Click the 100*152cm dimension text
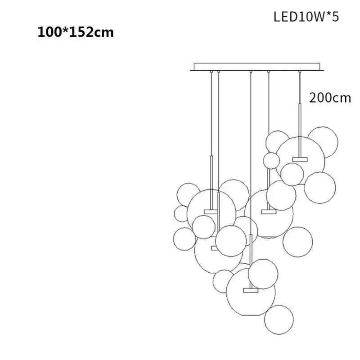coord(76,32)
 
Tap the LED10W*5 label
coord(306,17)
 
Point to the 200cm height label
coord(330,98)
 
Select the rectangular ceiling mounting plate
coord(257,67)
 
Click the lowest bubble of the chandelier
coord(279,319)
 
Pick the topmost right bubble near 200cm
coord(323,142)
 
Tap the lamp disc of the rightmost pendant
coord(300,159)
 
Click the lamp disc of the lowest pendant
coord(251,290)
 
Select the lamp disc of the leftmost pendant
coord(211,211)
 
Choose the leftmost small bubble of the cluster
coord(181,214)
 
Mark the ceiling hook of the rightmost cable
coord(300,72)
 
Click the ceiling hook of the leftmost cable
coord(211,72)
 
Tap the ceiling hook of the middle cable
coord(251,72)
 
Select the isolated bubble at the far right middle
coord(298,242)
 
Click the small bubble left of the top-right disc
coord(271,161)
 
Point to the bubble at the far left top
coord(189,195)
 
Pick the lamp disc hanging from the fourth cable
coord(269,211)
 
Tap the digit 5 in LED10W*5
coord(335,17)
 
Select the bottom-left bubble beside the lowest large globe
coord(223,281)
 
